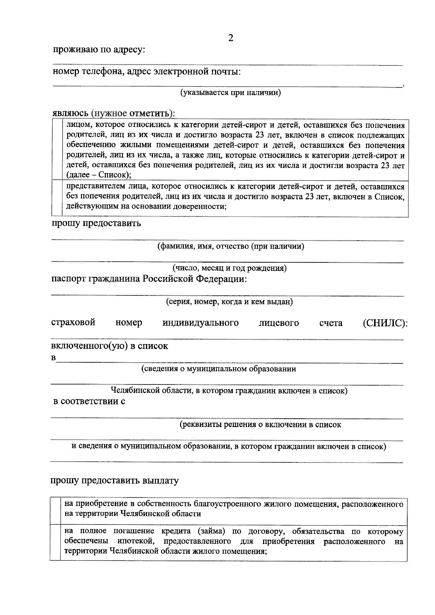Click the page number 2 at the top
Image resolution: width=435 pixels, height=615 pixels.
coord(231,38)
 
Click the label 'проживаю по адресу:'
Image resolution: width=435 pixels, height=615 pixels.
coord(99,50)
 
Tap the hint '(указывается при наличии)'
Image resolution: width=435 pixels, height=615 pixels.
coord(231,93)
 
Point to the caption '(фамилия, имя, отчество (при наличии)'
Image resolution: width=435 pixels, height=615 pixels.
coord(231,247)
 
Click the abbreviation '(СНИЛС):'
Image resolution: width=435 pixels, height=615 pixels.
coord(385,323)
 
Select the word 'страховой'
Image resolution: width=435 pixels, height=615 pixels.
coord(73,322)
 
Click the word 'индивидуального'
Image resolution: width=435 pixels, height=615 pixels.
coord(200,323)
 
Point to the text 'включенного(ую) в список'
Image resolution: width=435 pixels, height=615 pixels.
coord(109,346)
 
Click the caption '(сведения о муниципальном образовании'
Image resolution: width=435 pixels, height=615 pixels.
coord(219,369)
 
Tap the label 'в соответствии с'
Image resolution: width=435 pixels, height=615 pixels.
coord(89,401)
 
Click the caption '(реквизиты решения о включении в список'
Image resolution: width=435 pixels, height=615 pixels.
coord(260,424)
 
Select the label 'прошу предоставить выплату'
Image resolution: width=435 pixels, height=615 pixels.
coord(115,481)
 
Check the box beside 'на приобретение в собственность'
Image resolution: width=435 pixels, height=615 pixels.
coord(55,509)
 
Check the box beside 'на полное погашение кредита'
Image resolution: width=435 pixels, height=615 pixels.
coord(55,541)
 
